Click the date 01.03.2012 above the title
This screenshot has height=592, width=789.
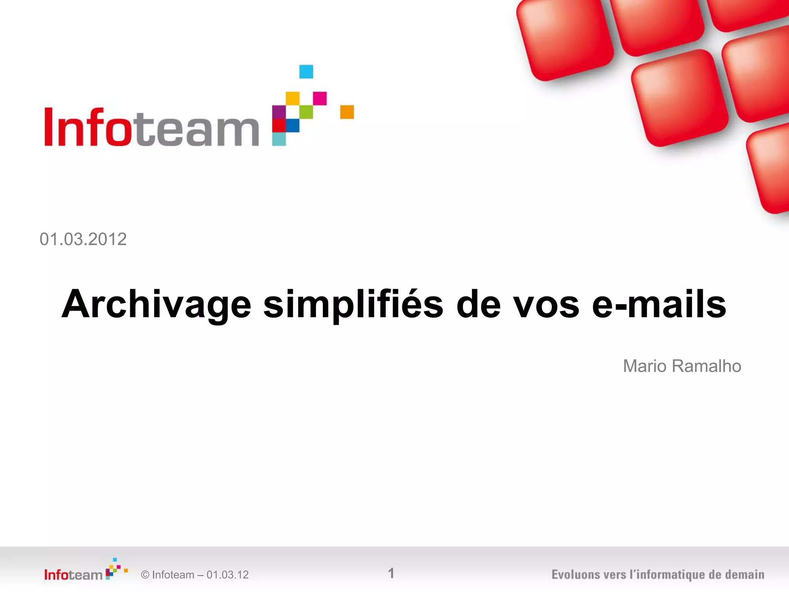click(x=83, y=239)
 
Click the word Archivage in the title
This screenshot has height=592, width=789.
click(x=156, y=304)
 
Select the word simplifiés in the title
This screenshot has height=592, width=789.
click(x=353, y=304)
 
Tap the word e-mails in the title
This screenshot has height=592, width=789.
click(x=659, y=304)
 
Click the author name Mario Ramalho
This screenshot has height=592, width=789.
click(x=682, y=366)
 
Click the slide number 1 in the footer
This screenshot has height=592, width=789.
click(x=391, y=573)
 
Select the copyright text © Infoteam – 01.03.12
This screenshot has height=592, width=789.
click(x=195, y=575)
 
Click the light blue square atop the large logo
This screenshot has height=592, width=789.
click(x=306, y=72)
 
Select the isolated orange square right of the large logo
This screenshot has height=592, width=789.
click(x=347, y=112)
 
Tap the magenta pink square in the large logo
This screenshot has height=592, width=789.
click(x=320, y=98)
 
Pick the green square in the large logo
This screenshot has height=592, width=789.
click(x=306, y=112)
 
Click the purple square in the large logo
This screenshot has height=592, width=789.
click(x=279, y=112)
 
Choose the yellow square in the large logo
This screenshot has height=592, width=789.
click(x=292, y=98)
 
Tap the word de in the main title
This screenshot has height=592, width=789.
click(x=478, y=304)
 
